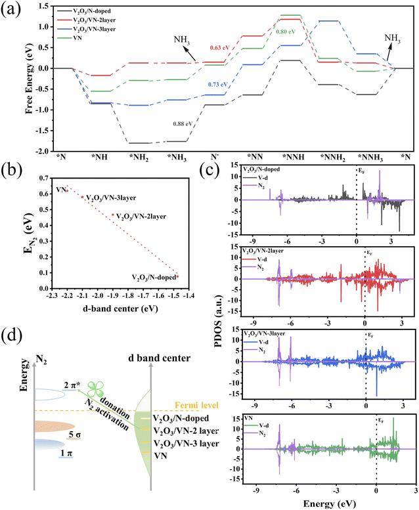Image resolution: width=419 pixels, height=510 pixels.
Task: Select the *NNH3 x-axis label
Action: (370, 157)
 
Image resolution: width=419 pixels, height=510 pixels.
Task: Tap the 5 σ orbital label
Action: (76, 434)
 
